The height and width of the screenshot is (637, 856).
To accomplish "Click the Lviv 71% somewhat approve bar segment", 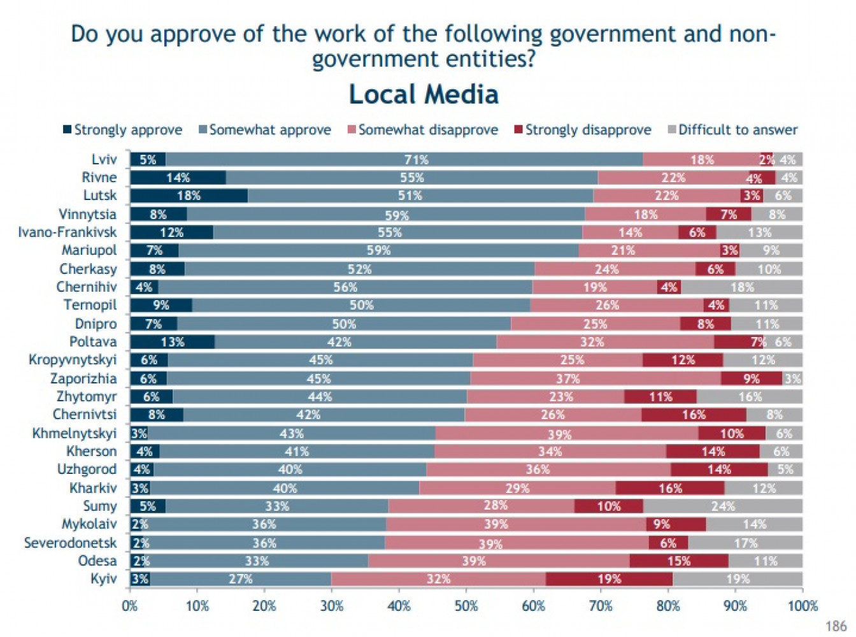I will [404, 159].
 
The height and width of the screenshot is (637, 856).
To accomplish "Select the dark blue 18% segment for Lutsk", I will [189, 196].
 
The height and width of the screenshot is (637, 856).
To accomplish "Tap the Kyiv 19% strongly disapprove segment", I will [609, 579].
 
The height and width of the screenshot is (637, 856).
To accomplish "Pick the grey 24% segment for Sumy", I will [723, 506].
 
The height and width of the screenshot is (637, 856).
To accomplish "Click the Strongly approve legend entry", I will [122, 130].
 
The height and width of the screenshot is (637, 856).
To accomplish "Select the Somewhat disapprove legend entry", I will [422, 130].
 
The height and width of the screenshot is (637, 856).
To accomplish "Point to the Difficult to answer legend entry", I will [732, 130].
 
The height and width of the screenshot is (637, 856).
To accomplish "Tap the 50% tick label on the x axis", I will [466, 606].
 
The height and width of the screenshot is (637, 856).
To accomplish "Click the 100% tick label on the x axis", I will [802, 606].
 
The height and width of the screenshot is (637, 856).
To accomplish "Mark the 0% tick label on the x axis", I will [130, 606].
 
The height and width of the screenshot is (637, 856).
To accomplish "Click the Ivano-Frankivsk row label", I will [68, 232].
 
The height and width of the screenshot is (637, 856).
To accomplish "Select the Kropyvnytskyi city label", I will [73, 360].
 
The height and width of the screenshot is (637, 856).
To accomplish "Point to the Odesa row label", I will [97, 561].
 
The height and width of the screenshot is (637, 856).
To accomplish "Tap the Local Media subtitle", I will [424, 94].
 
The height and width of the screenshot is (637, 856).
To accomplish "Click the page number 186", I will [836, 626].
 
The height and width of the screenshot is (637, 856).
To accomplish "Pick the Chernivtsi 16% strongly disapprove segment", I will [694, 415].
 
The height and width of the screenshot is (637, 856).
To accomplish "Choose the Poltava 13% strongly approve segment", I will [172, 342].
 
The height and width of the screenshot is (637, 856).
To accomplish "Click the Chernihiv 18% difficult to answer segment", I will [742, 287].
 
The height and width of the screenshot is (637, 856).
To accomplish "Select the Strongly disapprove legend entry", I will [583, 130].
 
